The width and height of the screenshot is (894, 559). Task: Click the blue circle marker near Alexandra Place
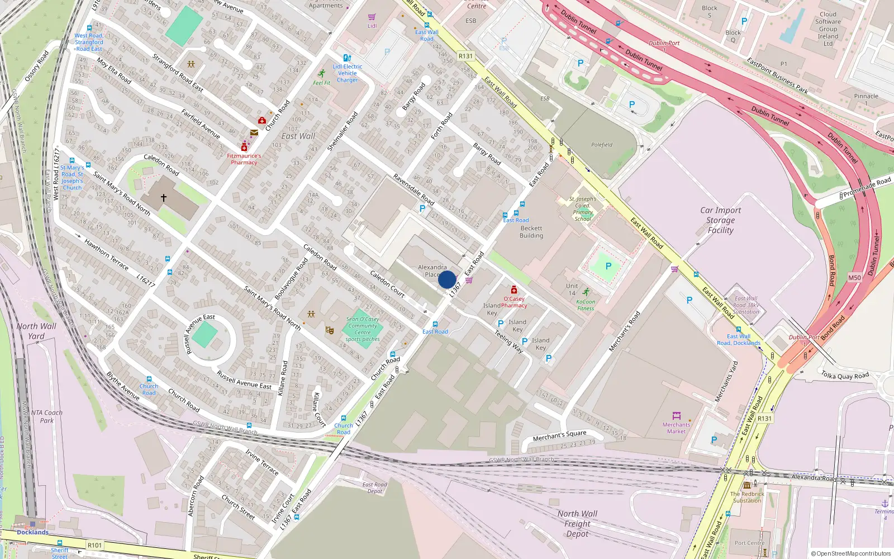point(446,279)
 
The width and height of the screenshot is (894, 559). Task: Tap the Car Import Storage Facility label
point(720,220)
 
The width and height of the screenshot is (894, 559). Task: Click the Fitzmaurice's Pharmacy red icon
point(244,148)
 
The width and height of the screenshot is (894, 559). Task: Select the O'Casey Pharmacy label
point(514,302)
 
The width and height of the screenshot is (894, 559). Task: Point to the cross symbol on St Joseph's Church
point(164,198)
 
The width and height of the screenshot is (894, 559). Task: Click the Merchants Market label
point(676,428)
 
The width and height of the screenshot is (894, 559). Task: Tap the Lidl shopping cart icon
point(372,17)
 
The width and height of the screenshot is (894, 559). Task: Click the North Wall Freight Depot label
point(577,524)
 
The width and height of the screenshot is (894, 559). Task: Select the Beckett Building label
point(531,232)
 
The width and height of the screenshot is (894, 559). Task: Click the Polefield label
point(602,145)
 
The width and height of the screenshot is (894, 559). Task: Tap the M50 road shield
point(854,278)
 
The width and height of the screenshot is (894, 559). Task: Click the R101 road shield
point(94,545)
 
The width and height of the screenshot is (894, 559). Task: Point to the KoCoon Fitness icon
point(586,292)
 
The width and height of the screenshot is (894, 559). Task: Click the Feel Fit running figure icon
point(322,73)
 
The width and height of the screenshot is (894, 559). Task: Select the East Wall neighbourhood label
point(298,136)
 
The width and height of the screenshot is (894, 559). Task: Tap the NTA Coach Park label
point(47,416)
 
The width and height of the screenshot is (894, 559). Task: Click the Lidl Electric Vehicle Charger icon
point(347,58)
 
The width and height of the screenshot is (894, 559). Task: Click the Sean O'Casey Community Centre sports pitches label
point(363,329)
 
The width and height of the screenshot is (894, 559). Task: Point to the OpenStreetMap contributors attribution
point(851,553)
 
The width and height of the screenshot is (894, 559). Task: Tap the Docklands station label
point(32,532)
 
